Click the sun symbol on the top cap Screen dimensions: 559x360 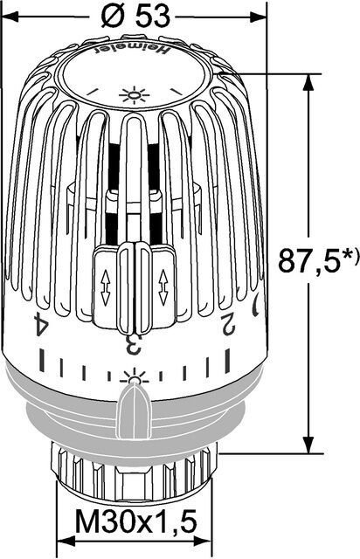pyautogui.click(x=135, y=95)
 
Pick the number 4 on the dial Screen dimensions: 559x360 pyautogui.click(x=38, y=325)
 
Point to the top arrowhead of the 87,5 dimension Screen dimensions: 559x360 pyautogui.click(x=308, y=81)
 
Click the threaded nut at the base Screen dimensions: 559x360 pyautogui.click(x=135, y=472)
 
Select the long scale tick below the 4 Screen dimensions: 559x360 pyautogui.click(x=41, y=357)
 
